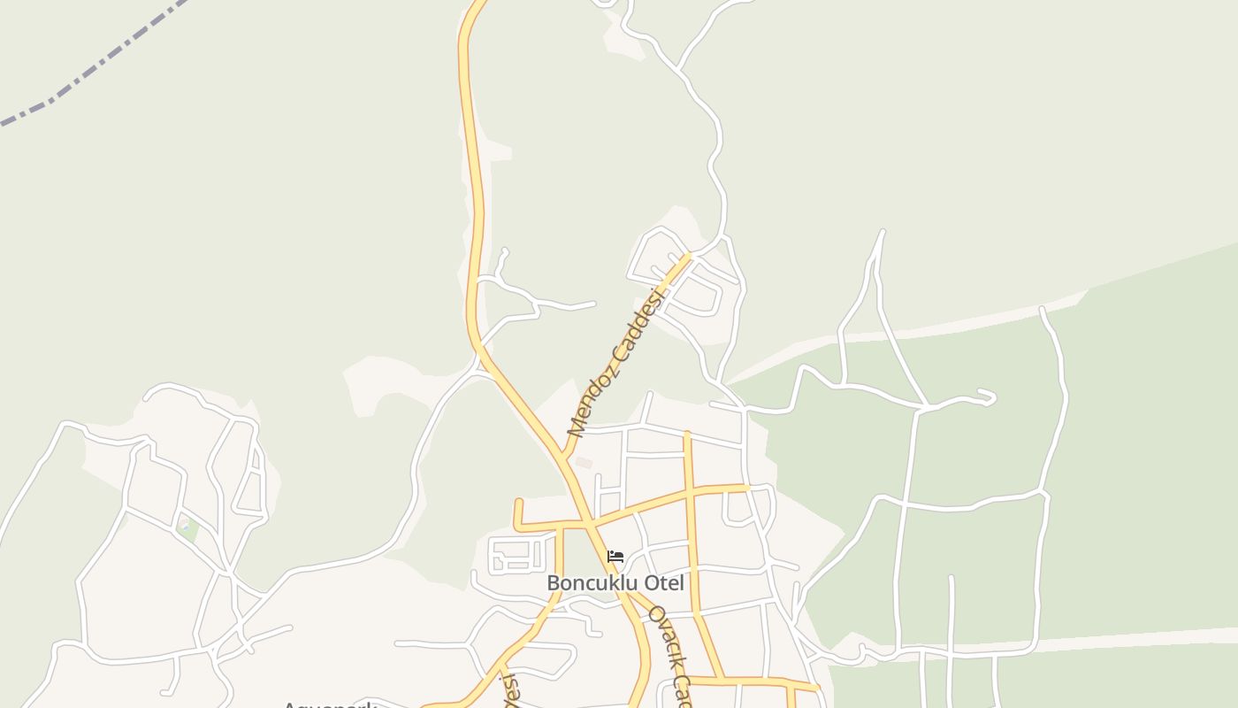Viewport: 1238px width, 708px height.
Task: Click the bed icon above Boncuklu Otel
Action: click(x=615, y=557)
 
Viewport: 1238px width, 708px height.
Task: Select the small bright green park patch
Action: click(x=187, y=531)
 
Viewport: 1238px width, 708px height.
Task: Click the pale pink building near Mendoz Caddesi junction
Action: click(x=583, y=462)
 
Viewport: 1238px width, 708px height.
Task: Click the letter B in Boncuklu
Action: click(x=554, y=583)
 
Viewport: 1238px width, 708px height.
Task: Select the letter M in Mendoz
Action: click(x=577, y=427)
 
